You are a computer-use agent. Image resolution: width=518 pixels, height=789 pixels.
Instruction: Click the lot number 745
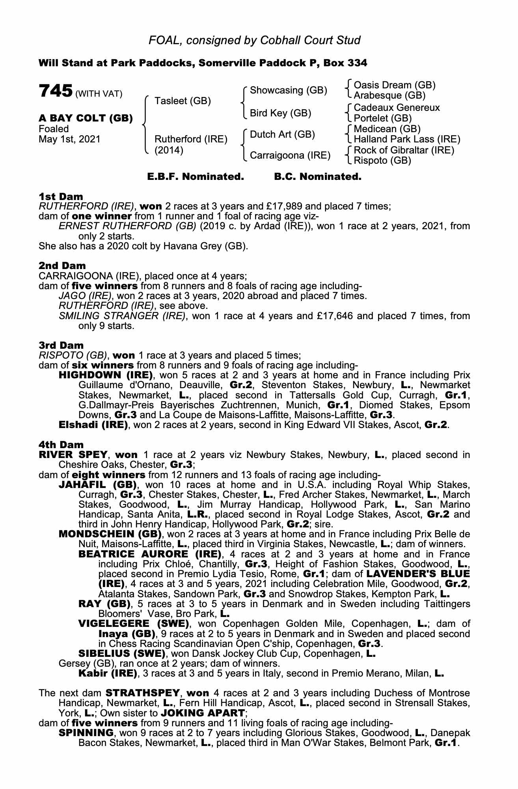(x=55, y=91)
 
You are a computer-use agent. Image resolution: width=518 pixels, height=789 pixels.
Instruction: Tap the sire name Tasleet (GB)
(x=183, y=101)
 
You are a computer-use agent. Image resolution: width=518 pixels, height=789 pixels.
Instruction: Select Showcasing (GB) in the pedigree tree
(x=289, y=90)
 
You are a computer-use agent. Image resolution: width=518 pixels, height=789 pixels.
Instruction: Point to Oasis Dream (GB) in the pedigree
(x=395, y=85)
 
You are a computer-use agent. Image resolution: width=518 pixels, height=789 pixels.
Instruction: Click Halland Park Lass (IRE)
(x=407, y=139)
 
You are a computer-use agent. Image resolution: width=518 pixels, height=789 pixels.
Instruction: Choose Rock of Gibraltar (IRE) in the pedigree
(x=404, y=150)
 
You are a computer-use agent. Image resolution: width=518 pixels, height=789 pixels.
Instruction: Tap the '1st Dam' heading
(x=61, y=196)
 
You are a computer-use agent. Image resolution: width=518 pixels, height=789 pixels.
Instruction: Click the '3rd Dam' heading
(x=61, y=346)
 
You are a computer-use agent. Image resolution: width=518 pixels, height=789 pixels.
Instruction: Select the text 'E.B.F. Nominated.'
(x=196, y=177)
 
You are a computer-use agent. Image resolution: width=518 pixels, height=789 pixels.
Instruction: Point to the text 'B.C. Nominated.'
(x=317, y=177)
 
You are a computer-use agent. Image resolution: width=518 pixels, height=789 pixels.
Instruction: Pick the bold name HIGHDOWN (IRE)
(x=105, y=375)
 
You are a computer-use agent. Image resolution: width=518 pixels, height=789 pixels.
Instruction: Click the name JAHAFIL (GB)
(x=97, y=485)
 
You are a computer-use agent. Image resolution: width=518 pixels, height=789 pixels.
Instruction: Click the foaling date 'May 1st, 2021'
(x=69, y=139)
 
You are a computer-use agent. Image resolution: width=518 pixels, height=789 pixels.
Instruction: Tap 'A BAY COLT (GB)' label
(x=86, y=118)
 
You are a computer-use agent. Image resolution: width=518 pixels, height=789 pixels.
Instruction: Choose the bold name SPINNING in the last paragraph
(x=86, y=733)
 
